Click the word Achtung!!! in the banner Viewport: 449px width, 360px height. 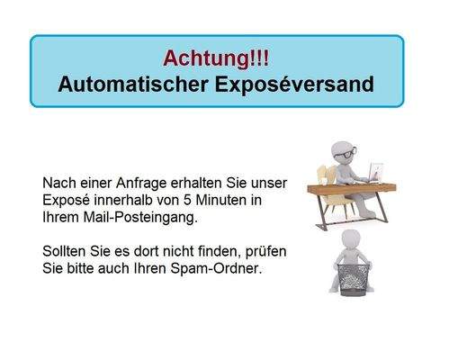pyautogui.click(x=216, y=58)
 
